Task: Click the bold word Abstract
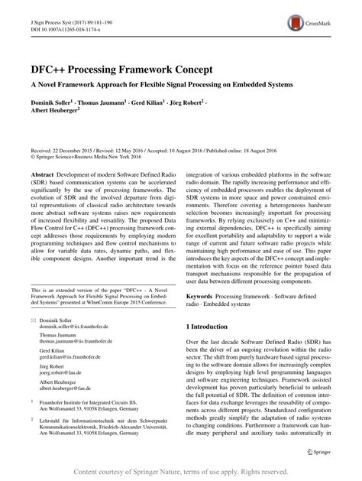pos(39,174)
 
